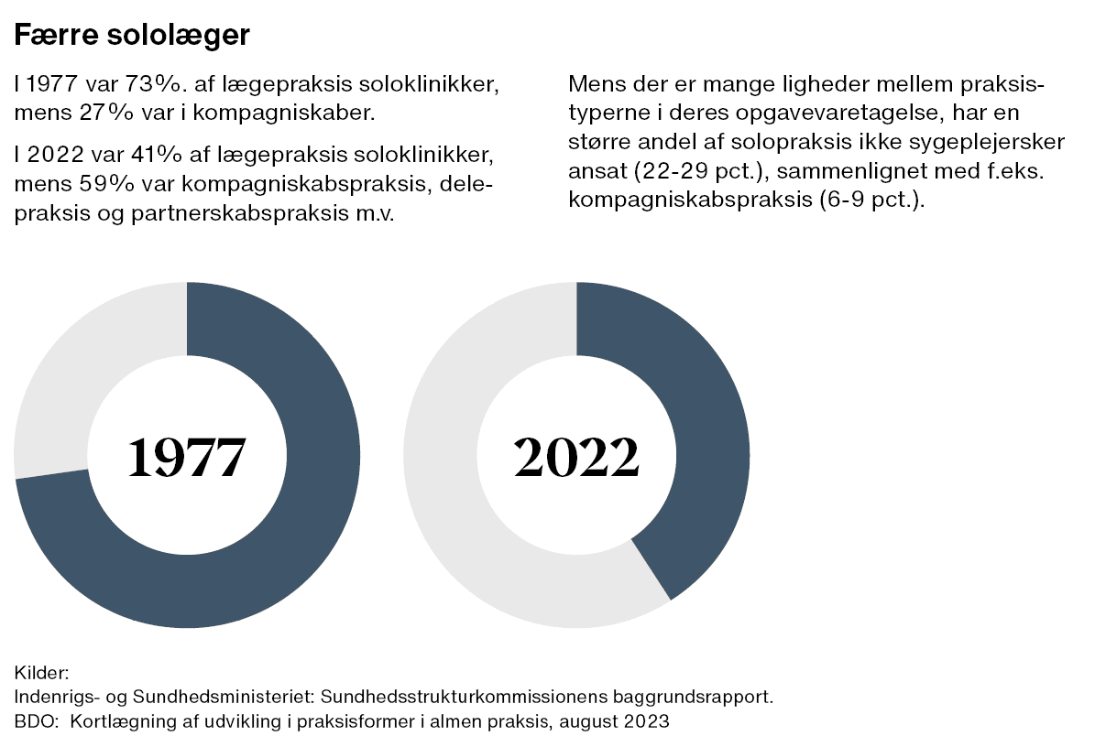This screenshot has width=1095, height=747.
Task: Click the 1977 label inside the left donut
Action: tap(187, 457)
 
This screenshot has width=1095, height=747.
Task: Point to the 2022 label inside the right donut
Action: tap(576, 457)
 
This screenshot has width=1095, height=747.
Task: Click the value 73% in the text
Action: tap(156, 87)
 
